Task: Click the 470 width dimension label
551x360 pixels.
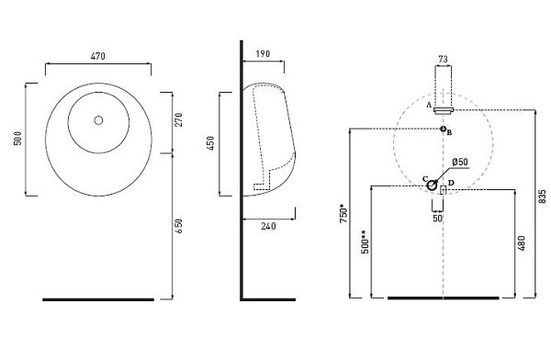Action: click(97, 56)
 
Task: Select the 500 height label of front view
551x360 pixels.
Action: click(17, 138)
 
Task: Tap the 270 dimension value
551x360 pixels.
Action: click(179, 120)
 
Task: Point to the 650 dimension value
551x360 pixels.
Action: click(179, 227)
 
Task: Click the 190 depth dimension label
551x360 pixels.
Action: click(263, 54)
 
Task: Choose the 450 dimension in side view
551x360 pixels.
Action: click(210, 143)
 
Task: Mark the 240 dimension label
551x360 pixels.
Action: click(268, 226)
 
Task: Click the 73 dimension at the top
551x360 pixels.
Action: click(444, 59)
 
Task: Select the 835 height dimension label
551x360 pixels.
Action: click(543, 197)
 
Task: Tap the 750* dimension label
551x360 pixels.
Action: click(344, 214)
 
